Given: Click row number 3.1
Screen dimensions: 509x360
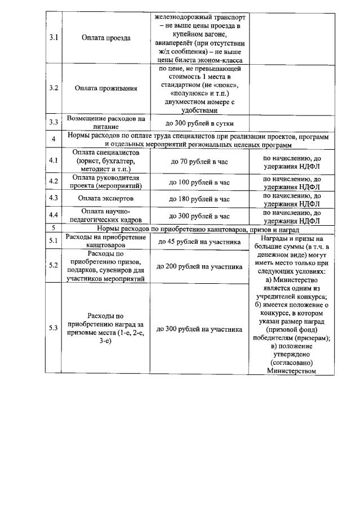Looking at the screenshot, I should pyautogui.click(x=54, y=38).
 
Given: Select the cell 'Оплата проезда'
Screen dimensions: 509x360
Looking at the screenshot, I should pyautogui.click(x=105, y=38).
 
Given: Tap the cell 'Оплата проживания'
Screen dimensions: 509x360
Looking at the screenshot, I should pyautogui.click(x=105, y=88).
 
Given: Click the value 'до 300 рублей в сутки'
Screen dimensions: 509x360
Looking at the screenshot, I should pyautogui.click(x=199, y=123).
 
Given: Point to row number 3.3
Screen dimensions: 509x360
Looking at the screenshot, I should pyautogui.click(x=54, y=123).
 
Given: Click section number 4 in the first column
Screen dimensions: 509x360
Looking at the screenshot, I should pyautogui.click(x=54, y=140).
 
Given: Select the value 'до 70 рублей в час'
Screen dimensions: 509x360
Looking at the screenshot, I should pyautogui.click(x=199, y=161).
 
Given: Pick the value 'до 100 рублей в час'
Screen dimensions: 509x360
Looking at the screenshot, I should pyautogui.click(x=199, y=182).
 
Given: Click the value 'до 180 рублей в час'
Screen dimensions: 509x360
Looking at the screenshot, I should pyautogui.click(x=199, y=199).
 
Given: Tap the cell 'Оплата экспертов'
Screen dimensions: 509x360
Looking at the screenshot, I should pyautogui.click(x=105, y=199).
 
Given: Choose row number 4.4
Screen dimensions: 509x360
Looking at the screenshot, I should pyautogui.click(x=54, y=216).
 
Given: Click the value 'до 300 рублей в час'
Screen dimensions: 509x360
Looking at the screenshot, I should pyautogui.click(x=199, y=216).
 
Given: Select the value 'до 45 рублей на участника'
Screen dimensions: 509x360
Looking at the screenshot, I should pyautogui.click(x=199, y=242).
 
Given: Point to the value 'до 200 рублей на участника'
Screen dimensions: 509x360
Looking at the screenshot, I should pyautogui.click(x=199, y=266).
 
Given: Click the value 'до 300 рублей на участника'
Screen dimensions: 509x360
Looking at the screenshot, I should pyautogui.click(x=199, y=329).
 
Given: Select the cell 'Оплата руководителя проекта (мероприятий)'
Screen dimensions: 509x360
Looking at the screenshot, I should pyautogui.click(x=105, y=182).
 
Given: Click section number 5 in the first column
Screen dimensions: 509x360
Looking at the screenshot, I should pyautogui.click(x=54, y=229).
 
